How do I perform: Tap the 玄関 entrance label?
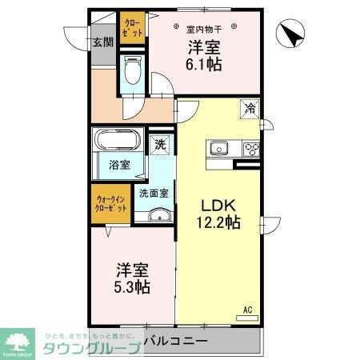pyautogui.click(x=102, y=43)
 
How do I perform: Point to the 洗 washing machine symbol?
pyautogui.click(x=160, y=145)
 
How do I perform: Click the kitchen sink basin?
pyautogui.click(x=219, y=147)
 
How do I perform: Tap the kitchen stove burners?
pyautogui.click(x=251, y=147)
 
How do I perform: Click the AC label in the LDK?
pyautogui.click(x=247, y=308)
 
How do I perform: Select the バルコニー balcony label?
pyautogui.click(x=176, y=342)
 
